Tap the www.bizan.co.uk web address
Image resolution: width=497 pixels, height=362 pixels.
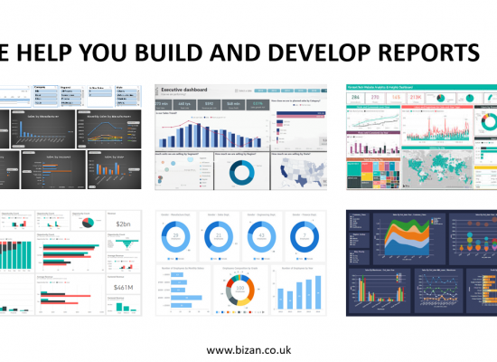(248, 349)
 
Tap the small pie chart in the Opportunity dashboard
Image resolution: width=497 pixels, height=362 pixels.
(87, 223)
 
